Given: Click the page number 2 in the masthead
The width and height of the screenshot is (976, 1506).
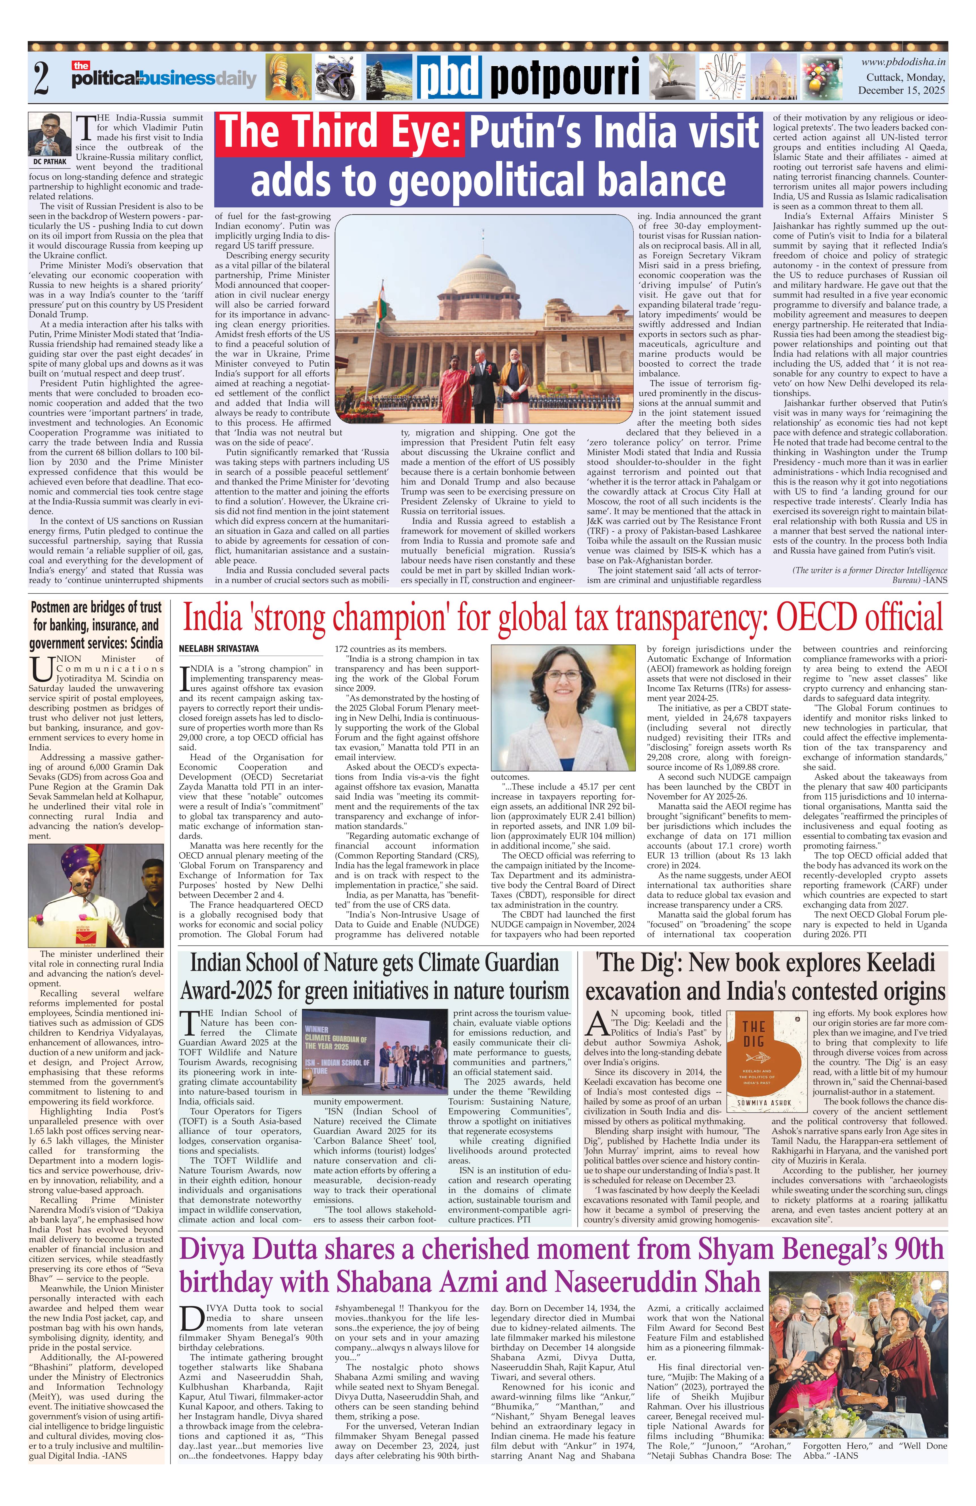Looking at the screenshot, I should pyautogui.click(x=42, y=78).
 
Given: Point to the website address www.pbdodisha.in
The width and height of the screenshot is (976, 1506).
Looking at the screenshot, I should pyautogui.click(x=903, y=62).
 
